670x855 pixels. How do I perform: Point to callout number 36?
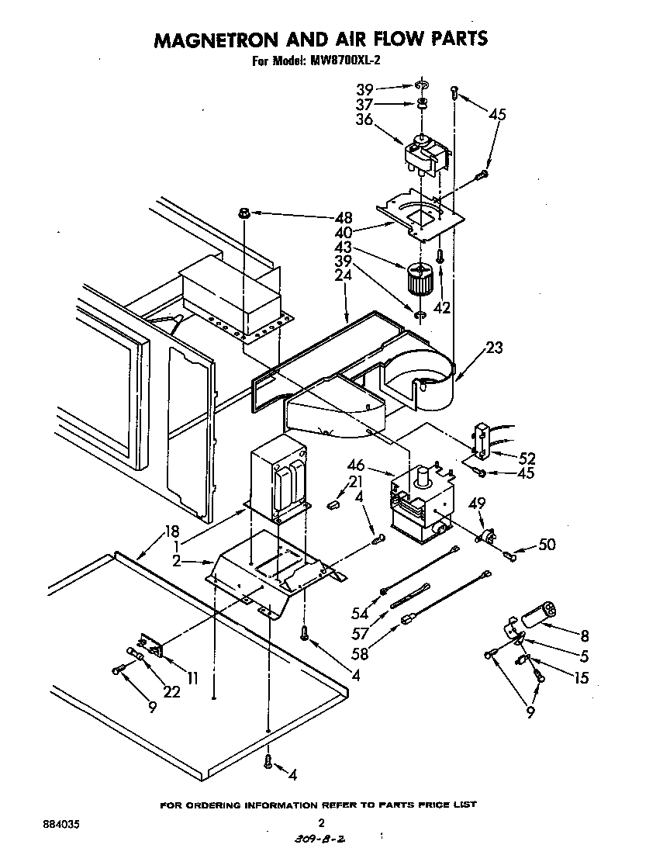click(364, 119)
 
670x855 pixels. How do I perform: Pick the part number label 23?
click(493, 348)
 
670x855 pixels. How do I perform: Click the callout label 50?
click(547, 545)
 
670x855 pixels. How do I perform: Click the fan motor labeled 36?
click(427, 152)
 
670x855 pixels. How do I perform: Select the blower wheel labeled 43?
click(420, 280)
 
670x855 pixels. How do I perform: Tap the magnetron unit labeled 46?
click(419, 502)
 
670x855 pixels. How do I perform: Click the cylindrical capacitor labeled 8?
click(538, 612)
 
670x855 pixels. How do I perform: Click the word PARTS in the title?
click(454, 39)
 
